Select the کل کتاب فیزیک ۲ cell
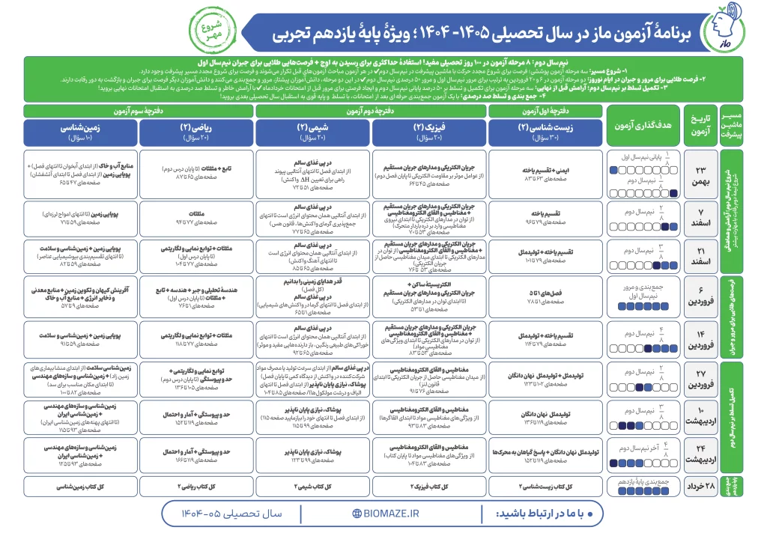click(429, 485)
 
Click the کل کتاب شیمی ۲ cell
click(313, 485)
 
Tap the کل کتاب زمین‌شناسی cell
click(81, 485)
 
